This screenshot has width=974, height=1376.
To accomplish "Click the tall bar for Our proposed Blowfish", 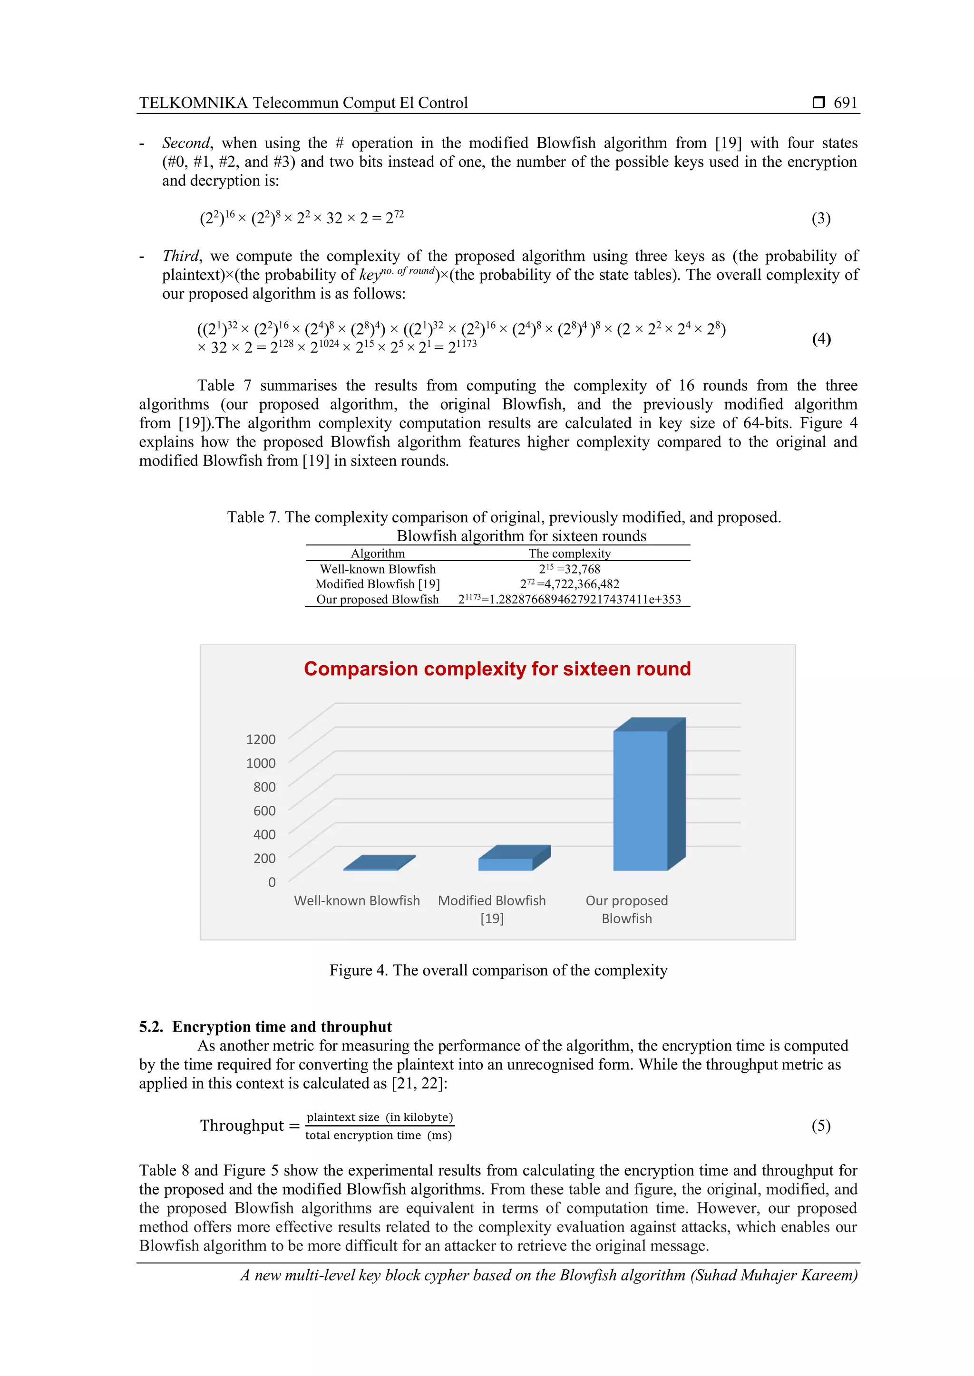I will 641,800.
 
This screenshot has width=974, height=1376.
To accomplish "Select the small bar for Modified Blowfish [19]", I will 505,864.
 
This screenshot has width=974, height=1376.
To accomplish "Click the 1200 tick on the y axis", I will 261,739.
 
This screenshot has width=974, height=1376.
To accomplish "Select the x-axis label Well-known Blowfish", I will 357,900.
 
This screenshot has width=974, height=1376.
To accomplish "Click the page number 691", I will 845,103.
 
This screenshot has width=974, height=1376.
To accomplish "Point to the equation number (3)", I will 821,218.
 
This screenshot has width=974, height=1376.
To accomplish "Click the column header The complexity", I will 569,553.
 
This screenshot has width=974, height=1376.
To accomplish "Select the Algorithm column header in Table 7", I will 378,553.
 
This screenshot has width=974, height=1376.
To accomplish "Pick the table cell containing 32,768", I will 569,569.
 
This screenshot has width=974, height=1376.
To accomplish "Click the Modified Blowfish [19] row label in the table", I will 378,584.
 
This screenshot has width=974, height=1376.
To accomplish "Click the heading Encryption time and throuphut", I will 282,1027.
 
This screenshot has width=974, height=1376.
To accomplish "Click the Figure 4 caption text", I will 498,970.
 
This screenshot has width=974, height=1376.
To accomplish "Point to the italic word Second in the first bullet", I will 186,143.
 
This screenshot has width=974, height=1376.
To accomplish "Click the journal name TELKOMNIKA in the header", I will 193,103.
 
